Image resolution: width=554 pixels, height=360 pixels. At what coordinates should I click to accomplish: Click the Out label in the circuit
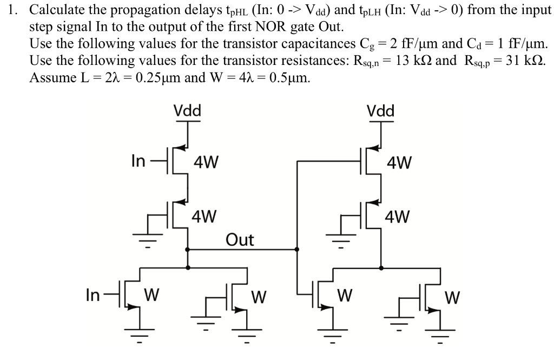[x=240, y=239]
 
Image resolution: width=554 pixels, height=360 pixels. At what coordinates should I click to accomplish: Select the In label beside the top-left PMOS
[x=138, y=161]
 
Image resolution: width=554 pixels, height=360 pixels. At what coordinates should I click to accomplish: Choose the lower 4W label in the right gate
[x=398, y=217]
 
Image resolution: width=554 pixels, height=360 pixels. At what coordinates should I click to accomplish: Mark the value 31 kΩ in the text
[x=522, y=60]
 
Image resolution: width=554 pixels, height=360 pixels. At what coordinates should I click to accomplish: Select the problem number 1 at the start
[x=12, y=10]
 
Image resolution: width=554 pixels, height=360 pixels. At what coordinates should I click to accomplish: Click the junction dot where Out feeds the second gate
[x=296, y=250]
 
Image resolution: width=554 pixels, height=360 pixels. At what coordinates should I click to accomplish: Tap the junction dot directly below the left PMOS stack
[x=187, y=250]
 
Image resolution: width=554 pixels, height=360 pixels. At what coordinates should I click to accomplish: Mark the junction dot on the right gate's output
[x=381, y=267]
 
